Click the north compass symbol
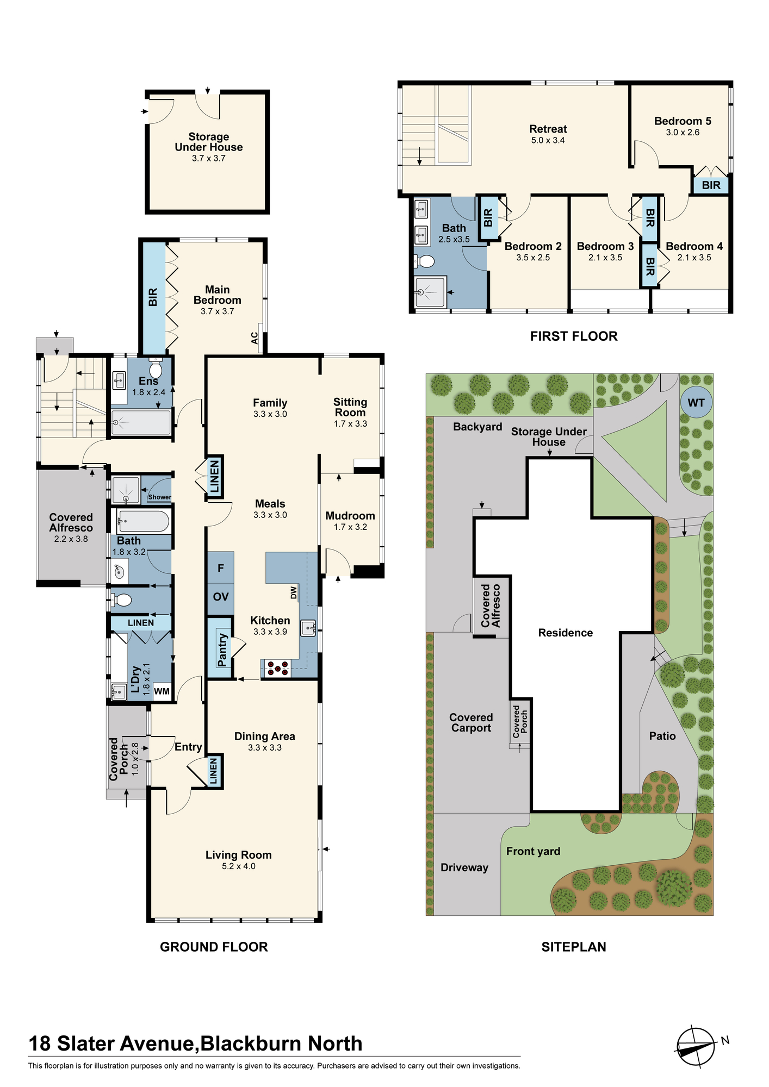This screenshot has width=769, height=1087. coord(696,1047)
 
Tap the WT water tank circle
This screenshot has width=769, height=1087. coord(696,403)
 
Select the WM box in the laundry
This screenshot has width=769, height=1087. coord(162,691)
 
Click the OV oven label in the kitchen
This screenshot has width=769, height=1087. coord(221,597)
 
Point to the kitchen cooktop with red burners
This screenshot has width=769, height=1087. coord(278,669)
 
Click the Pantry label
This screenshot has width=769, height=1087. coord(222,649)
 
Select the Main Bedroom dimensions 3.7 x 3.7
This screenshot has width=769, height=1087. coord(217,311)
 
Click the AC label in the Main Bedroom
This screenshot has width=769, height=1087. coord(255,338)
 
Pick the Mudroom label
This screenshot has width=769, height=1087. coord(350,516)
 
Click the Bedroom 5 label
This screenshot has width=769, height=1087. coord(683,121)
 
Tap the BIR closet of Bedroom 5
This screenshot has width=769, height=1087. coord(711,185)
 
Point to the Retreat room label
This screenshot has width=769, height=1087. coord(548,129)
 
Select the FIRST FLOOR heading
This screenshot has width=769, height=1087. coord(574,336)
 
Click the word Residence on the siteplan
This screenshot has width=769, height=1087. coord(566,633)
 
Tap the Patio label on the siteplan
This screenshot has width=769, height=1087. coord(662,736)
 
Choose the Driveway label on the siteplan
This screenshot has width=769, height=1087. coord(464,868)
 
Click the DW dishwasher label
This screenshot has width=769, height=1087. coord(294,592)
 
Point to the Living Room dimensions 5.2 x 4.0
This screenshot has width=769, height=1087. coord(239,866)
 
